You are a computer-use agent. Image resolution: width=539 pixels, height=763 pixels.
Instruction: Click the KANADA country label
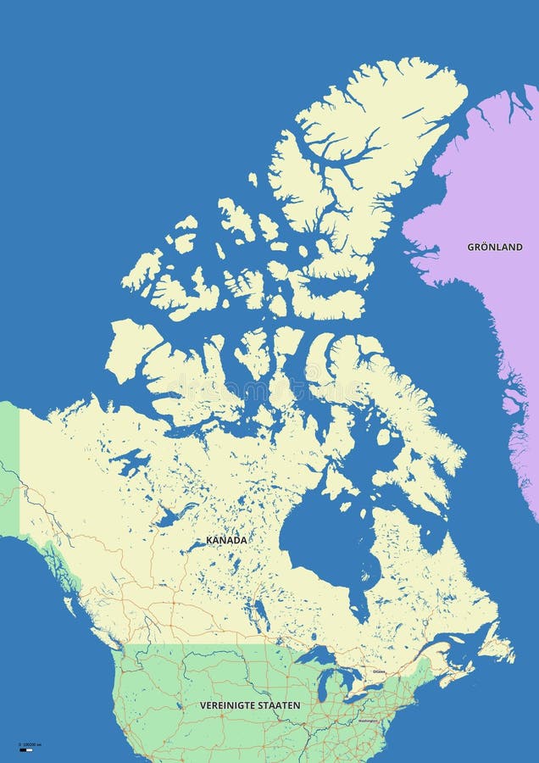click(x=226, y=540)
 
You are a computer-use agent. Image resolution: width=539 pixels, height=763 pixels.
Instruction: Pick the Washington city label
click(x=367, y=721)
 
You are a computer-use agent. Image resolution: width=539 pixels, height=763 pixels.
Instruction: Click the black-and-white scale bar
click(x=26, y=750)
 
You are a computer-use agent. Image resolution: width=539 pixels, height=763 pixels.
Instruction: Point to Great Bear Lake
click(x=131, y=462)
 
